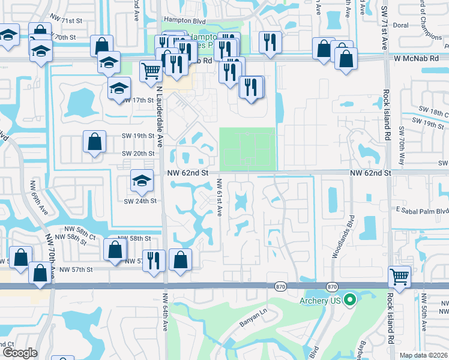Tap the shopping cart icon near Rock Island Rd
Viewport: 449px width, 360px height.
[x=399, y=277]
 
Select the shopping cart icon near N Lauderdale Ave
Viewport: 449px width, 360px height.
[x=151, y=71]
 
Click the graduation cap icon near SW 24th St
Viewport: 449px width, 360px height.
[x=142, y=180]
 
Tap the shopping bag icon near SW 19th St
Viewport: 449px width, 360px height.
[x=95, y=142]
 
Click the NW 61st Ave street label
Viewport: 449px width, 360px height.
[x=220, y=198]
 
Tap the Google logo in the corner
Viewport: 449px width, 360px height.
[x=20, y=352]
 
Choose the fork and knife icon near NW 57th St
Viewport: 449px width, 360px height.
[x=154, y=260]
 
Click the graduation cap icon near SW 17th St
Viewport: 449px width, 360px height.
[x=119, y=88]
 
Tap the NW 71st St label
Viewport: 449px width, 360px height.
[x=66, y=20]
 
